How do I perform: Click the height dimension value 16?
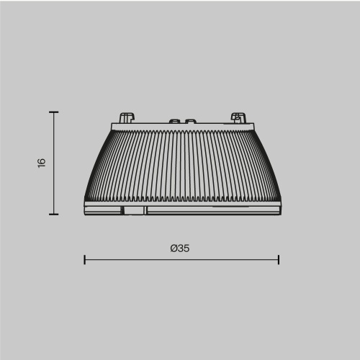pyautogui.click(x=42, y=163)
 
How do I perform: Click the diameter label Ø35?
pyautogui.click(x=180, y=248)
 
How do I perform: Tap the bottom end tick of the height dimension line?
pyautogui.click(x=53, y=214)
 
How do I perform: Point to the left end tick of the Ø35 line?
pyautogui.click(x=85, y=259)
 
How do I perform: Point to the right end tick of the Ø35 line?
pyautogui.click(x=278, y=259)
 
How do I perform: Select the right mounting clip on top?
pyautogui.click(x=237, y=117)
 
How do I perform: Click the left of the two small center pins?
pyautogui.click(x=174, y=122)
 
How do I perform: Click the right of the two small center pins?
pyautogui.click(x=190, y=122)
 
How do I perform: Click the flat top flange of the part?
pyautogui.click(x=181, y=127)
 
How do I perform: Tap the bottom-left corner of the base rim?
pyautogui.click(x=86, y=214)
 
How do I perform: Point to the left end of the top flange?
pyautogui.click(x=112, y=127)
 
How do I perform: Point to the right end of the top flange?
pyautogui.click(x=251, y=127)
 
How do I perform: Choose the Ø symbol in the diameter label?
pyautogui.click(x=174, y=248)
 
